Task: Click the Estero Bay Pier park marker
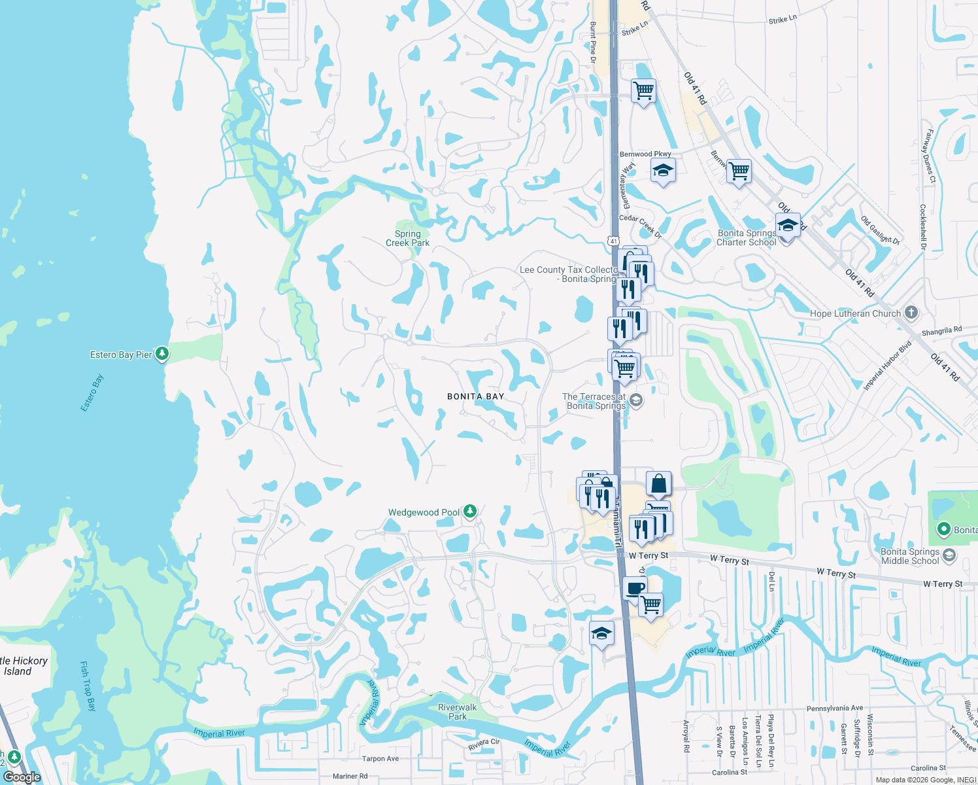[162, 354]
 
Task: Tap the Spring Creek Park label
[407, 238]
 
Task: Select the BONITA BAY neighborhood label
[475, 396]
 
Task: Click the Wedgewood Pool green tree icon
[469, 512]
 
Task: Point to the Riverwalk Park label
[457, 712]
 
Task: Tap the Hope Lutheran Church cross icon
[911, 313]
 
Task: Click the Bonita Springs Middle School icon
[949, 555]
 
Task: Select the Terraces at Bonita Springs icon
[635, 400]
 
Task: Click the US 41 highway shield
[613, 241]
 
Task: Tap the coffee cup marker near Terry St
[634, 587]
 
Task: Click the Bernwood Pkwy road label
[645, 154]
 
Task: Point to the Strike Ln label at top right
[783, 20]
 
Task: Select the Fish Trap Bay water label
[88, 686]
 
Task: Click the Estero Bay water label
[92, 393]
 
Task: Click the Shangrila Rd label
[941, 331]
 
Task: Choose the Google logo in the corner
[22, 777]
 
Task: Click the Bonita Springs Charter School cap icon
[788, 226]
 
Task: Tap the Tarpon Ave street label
[380, 759]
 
